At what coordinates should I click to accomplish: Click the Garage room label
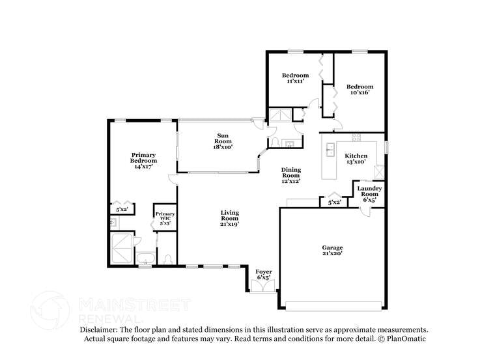coord(332,251)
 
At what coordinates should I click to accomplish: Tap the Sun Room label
coord(223,141)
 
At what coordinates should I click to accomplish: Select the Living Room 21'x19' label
coord(229,218)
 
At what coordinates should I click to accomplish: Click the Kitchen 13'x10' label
coord(356,159)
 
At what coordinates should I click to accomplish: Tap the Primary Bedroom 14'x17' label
coord(144,161)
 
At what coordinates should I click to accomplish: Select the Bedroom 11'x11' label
coord(296,78)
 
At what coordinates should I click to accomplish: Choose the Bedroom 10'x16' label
coord(360,89)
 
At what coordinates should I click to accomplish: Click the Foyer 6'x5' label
coord(264,275)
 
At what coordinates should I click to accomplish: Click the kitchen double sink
coord(330,150)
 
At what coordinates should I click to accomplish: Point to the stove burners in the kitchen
coord(356,137)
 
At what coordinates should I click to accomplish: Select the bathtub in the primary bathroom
coord(145,258)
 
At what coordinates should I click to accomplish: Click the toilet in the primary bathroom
coord(168,259)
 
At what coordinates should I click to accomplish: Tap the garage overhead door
coord(333,306)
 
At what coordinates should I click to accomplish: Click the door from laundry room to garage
coord(365,212)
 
